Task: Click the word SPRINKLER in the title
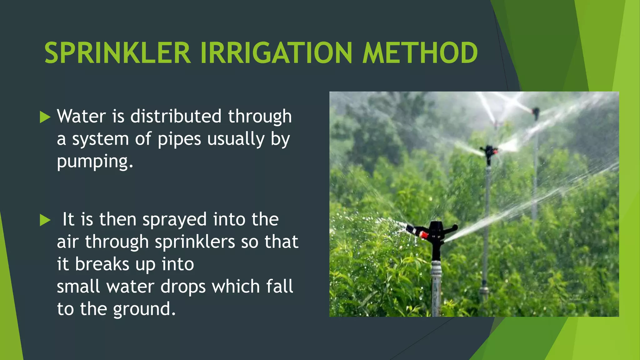117,53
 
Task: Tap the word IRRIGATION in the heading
276,53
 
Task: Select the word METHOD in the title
420,53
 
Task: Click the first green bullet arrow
45,117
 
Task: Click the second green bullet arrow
45,220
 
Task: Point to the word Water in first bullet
82,117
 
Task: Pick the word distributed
176,117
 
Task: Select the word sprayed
174,220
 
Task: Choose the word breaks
102,264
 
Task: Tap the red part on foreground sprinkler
423,235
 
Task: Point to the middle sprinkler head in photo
488,151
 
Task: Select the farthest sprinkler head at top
536,112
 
